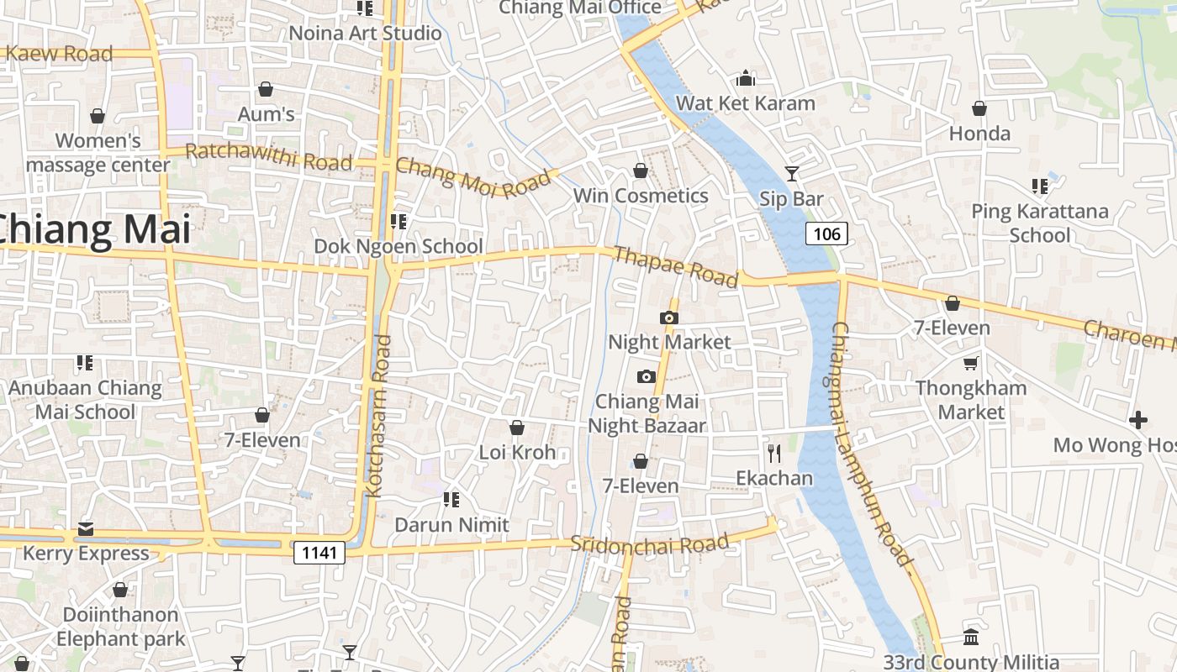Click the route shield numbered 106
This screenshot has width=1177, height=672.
coord(827,234)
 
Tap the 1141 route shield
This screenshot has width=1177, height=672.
coord(319,552)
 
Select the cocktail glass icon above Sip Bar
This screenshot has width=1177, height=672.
coord(791,174)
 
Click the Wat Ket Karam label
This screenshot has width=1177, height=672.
coord(745,103)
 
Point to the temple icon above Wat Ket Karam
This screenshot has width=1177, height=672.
coord(745,79)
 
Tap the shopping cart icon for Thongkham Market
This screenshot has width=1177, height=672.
coord(971,363)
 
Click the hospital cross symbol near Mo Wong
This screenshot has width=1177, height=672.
coord(1138,419)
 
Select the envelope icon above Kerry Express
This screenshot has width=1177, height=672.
coord(86,529)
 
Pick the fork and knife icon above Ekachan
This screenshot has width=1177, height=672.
coord(774,454)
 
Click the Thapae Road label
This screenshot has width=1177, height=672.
coord(676,266)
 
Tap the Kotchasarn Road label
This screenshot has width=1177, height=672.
coord(380,416)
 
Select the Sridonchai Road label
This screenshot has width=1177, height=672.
coord(649,543)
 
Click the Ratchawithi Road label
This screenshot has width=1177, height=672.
coord(268,156)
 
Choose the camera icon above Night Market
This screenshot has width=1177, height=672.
coord(669,318)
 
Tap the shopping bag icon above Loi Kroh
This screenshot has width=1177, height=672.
coord(517,428)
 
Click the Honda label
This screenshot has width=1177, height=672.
coord(979,133)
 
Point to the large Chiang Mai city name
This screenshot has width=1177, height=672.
coord(92,229)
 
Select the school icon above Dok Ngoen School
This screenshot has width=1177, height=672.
coord(398,222)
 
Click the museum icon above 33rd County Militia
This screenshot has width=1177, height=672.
coord(971,637)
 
